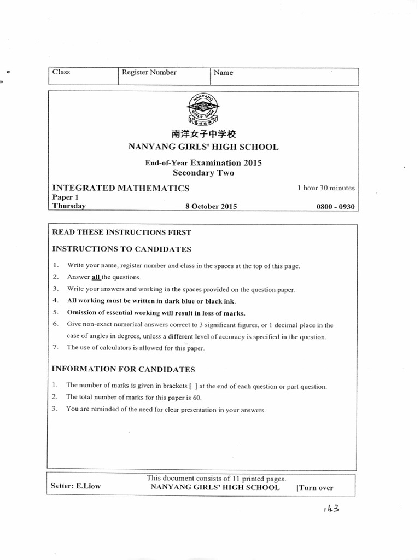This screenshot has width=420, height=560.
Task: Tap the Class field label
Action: [x=61, y=72]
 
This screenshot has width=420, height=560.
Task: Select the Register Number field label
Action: [x=149, y=72]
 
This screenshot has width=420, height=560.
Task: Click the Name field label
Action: [x=223, y=73]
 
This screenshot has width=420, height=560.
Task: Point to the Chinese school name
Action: [x=203, y=135]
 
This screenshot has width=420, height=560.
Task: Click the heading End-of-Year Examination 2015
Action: [x=203, y=162]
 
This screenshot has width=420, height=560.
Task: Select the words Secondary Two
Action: [x=203, y=172]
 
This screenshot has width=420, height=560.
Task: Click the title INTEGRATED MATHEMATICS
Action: [x=120, y=188]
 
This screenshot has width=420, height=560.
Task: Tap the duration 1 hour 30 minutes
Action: [x=326, y=188]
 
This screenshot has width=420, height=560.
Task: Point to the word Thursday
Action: [x=69, y=206]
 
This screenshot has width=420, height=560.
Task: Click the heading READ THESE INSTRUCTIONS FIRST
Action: [x=121, y=232]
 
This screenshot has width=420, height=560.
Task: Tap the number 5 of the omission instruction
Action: [x=55, y=313]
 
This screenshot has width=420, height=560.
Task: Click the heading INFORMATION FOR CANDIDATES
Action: [x=123, y=370]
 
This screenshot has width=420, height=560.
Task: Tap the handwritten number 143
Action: [x=331, y=509]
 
